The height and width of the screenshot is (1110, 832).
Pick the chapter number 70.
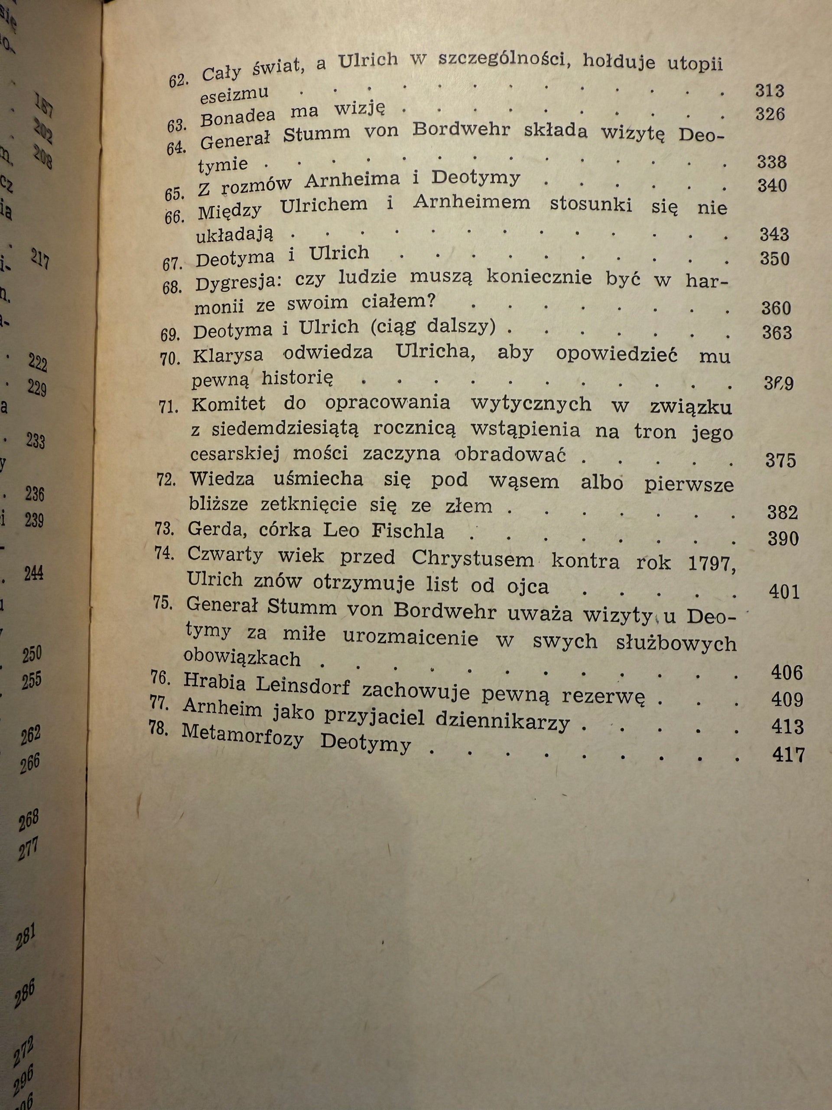[x=170, y=359]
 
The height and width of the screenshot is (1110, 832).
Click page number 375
[x=780, y=460]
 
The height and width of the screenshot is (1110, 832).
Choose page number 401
[x=784, y=593]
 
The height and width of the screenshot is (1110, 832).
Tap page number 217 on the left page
[x=39, y=260]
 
